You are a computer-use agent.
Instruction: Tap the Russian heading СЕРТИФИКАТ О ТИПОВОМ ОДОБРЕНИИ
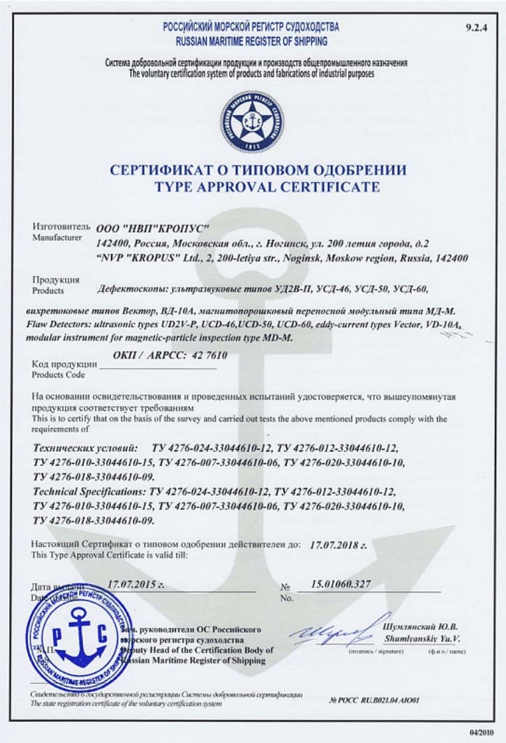point(258,170)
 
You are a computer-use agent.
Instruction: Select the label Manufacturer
point(54,237)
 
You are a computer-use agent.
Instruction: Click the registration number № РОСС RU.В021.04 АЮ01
point(374,699)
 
